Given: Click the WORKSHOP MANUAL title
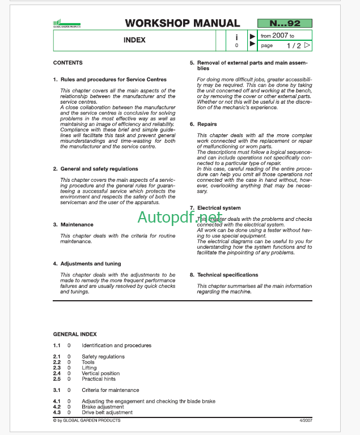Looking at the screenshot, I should (182, 23).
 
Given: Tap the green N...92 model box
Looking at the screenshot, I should (285, 23).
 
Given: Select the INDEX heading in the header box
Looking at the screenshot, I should (134, 40).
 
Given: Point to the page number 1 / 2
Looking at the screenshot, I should (293, 45).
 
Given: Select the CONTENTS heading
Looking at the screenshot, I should (67, 63).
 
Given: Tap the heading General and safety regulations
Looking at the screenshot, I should (99, 169).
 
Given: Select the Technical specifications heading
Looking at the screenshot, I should (227, 275).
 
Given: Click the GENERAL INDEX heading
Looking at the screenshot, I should (75, 335).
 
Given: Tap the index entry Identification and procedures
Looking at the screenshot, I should (116, 346).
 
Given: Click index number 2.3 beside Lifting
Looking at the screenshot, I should (57, 368).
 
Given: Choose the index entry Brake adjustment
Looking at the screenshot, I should (103, 407).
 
